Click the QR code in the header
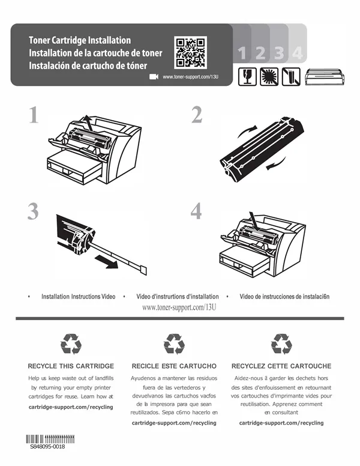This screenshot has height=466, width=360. click(190, 52)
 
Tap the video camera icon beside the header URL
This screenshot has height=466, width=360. click(154, 77)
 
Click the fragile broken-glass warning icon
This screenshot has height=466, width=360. click(247, 77)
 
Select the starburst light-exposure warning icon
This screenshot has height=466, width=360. click(269, 77)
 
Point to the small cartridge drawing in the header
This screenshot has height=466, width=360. click(325, 77)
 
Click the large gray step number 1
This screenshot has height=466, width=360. click(34, 115)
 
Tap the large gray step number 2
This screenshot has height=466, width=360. click(197, 115)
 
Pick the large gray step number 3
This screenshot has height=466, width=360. click(33, 211)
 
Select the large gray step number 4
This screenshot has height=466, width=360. click(196, 211)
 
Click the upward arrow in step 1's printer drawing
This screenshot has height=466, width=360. click(88, 122)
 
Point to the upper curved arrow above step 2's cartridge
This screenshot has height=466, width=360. click(247, 131)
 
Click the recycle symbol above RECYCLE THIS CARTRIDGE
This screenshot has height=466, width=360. click(71, 344)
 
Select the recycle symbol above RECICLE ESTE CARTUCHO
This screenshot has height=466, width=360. click(174, 344)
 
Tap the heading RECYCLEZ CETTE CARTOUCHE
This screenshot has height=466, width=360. click(281, 366)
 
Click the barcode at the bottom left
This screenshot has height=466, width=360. click(50, 439)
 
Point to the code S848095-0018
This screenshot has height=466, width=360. click(47, 446)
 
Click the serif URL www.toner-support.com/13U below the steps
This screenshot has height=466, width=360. click(179, 307)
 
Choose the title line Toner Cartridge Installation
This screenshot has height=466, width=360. click(80, 40)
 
